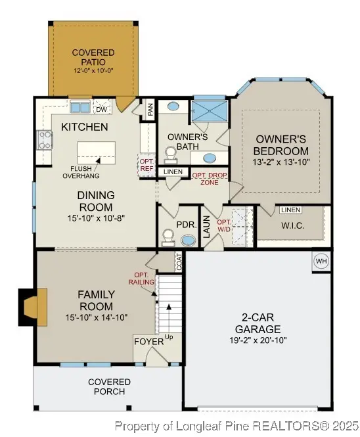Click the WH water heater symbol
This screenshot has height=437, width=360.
point(321,261)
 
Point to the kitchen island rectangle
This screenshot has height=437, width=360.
point(96,152)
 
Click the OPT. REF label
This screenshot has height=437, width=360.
point(145,163)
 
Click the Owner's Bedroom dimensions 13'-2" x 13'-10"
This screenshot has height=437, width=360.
point(281,161)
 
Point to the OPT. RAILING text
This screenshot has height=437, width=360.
point(144,278)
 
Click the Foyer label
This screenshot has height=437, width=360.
point(145,342)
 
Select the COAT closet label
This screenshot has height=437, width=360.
point(179,262)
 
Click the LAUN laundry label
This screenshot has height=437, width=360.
point(205,228)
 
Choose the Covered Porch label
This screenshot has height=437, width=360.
point(109,387)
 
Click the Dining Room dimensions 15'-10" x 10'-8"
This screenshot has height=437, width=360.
point(96,218)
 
